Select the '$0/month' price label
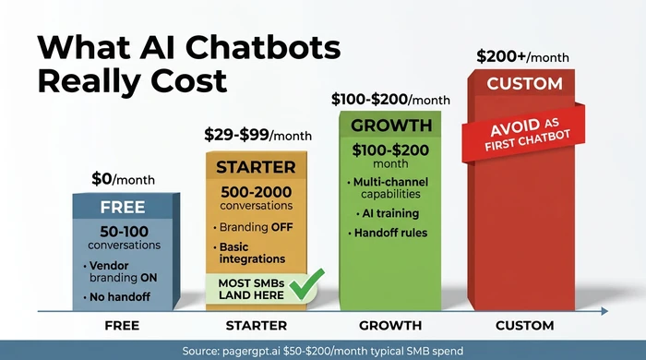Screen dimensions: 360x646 click(x=123, y=179)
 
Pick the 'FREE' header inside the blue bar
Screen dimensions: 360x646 click(x=123, y=207)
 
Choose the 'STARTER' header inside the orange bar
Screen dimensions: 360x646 click(x=256, y=167)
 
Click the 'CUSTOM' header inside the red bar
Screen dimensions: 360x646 click(x=524, y=84)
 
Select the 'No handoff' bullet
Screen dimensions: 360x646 click(x=122, y=296)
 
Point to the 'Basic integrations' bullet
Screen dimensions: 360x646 click(x=251, y=253)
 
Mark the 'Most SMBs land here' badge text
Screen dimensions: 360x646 click(x=251, y=288)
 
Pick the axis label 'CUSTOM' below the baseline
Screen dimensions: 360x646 click(x=523, y=326)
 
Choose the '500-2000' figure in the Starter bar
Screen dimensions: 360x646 click(x=256, y=192)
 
